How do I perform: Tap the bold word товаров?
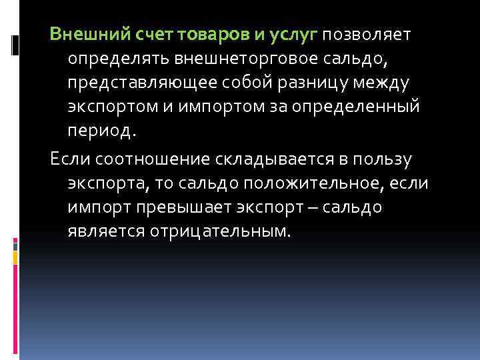point(211,34)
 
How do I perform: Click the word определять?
point(118,59)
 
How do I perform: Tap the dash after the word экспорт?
point(312,207)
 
